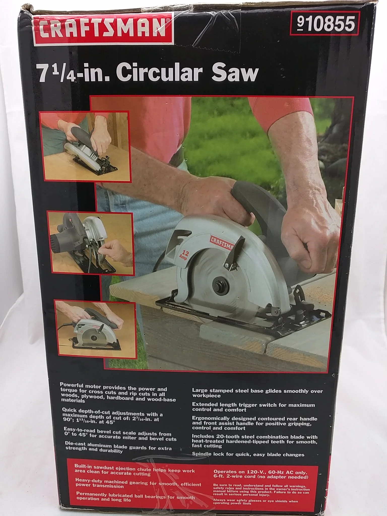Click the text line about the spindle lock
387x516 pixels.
[248, 455]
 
